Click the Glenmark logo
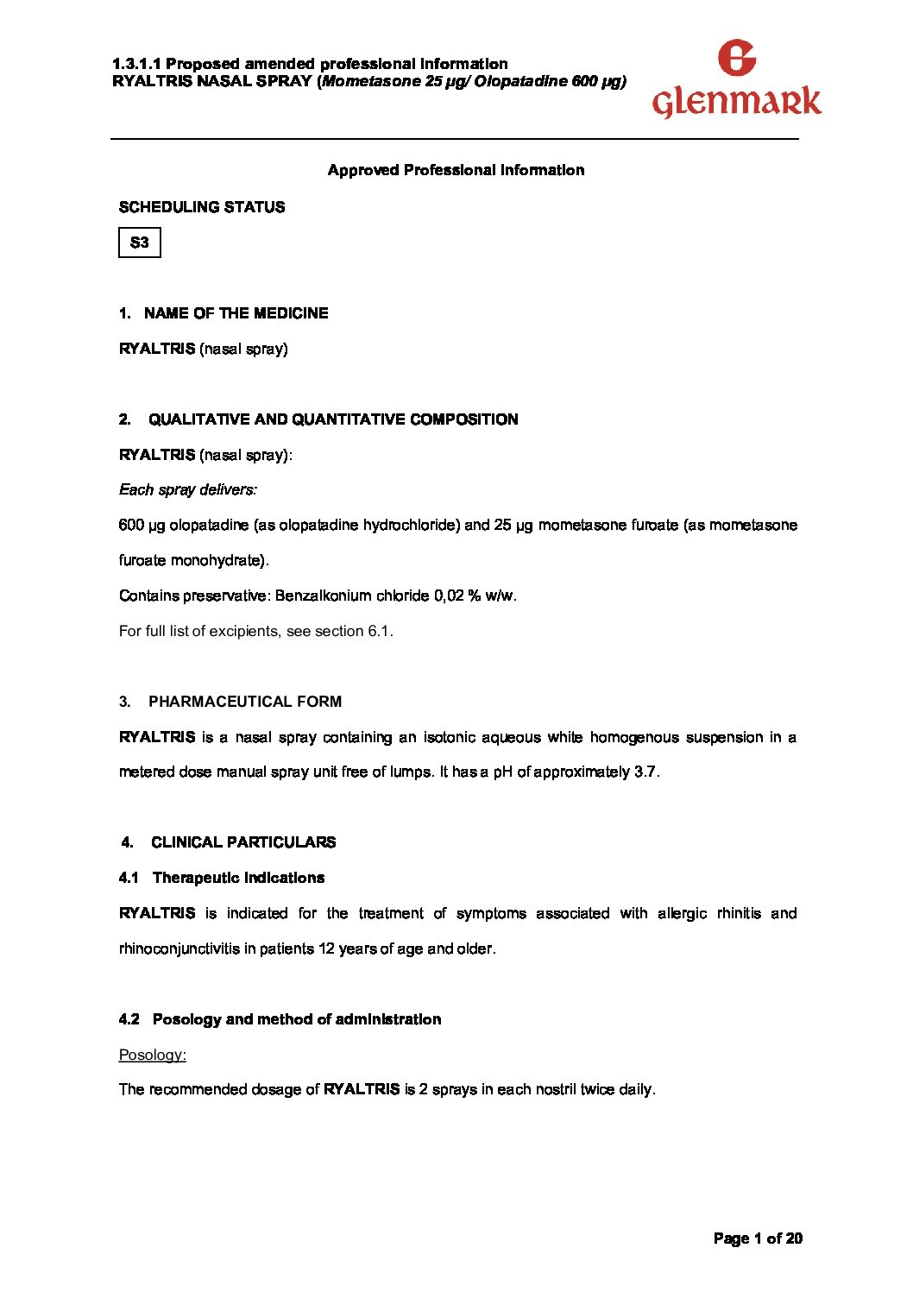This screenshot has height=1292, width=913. pos(736,80)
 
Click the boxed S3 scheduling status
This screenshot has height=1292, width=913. pos(140,243)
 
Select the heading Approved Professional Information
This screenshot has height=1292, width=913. pos(456,170)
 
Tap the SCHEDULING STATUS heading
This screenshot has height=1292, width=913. pos(202,207)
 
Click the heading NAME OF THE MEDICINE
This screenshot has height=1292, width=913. pos(236,313)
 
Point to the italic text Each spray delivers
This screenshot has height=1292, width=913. pos(187,490)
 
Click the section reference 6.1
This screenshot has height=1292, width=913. pos(379,631)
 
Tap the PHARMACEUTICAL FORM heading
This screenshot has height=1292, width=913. pos(245,702)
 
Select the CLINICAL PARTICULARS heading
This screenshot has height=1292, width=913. pos(243,842)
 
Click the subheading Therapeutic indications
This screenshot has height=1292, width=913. pos(238,878)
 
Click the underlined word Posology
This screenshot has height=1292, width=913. pos(152,1055)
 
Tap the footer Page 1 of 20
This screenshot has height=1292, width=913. pos(758,1238)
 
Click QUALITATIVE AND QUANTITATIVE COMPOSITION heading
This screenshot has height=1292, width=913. pos(333,419)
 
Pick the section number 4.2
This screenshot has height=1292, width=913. pos(129,1019)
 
